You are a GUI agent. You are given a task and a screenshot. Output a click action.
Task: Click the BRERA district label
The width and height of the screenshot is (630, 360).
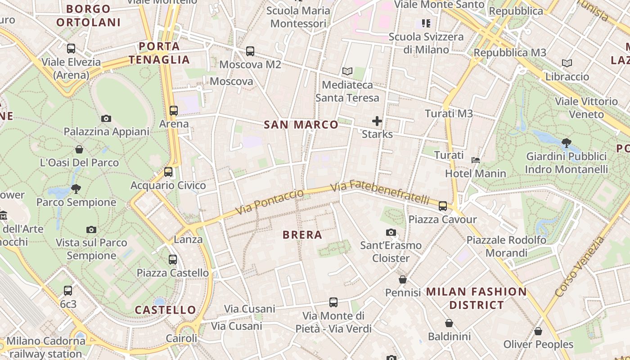click(x=302, y=235)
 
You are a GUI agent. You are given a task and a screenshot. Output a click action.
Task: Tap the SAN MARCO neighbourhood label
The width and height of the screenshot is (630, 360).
click(x=301, y=125)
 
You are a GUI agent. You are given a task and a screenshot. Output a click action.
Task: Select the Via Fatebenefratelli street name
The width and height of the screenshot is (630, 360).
click(x=380, y=192)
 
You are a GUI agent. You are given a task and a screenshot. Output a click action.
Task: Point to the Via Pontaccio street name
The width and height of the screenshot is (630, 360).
click(x=270, y=202)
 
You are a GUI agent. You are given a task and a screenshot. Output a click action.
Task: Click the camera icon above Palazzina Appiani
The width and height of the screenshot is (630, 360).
click(x=106, y=119)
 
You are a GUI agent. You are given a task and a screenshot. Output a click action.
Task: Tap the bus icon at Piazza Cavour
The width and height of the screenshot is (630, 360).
click(x=443, y=206)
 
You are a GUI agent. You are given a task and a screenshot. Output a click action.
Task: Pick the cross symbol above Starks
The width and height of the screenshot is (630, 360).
click(x=377, y=121)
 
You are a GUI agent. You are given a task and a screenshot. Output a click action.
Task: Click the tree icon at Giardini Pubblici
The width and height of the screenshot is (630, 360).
click(x=566, y=143)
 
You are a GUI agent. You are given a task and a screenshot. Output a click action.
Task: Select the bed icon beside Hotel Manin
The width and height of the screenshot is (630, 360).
click(x=476, y=160)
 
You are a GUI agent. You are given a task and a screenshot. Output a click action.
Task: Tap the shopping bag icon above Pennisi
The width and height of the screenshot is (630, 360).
click(x=403, y=279)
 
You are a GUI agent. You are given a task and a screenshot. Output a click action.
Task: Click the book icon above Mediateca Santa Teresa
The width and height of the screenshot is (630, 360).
click(x=347, y=71)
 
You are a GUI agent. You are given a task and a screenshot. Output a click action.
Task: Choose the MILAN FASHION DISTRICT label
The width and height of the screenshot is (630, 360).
click(x=477, y=298)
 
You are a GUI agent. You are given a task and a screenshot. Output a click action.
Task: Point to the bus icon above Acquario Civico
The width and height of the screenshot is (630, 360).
click(x=168, y=172)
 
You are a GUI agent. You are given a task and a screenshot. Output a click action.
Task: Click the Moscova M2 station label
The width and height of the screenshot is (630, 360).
click(x=250, y=64)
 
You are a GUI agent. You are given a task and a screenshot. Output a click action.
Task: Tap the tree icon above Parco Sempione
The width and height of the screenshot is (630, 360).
click(x=76, y=189)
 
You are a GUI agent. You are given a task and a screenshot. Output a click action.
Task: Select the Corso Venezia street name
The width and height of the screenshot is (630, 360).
click(x=580, y=267)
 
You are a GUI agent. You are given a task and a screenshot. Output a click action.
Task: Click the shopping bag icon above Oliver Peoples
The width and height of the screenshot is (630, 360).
click(x=538, y=331)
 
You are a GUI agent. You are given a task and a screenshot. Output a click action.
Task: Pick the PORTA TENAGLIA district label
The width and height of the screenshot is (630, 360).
click(x=159, y=53)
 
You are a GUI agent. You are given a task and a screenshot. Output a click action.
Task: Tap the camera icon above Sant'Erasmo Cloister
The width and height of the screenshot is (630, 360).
click(x=391, y=232)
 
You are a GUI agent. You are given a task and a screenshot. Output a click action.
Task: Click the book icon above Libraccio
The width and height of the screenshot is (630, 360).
click(x=567, y=63)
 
